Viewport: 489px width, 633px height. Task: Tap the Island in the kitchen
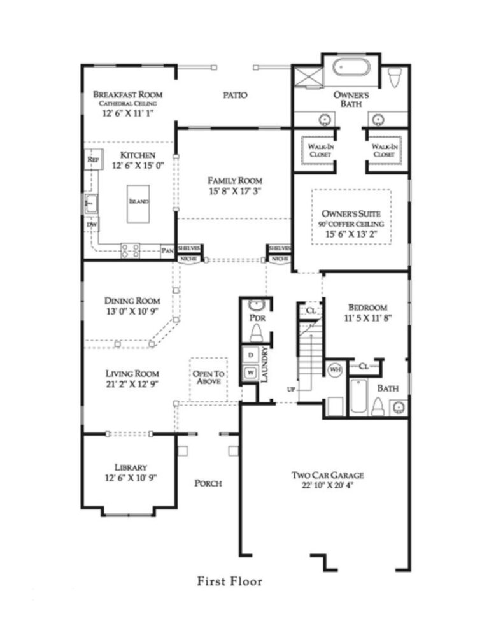click(x=139, y=202)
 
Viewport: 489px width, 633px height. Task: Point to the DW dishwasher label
click(x=92, y=225)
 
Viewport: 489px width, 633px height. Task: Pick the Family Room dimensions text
click(x=235, y=190)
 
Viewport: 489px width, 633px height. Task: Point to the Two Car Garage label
click(x=327, y=475)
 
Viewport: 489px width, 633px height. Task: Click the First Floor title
click(x=229, y=581)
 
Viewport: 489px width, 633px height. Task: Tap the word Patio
click(x=235, y=95)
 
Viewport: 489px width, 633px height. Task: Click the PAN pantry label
click(x=167, y=251)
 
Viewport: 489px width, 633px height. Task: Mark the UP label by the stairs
click(x=291, y=389)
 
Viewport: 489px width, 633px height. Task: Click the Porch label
click(x=208, y=483)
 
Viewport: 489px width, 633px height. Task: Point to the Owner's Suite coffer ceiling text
click(x=350, y=224)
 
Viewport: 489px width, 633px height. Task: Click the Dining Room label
click(x=132, y=301)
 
